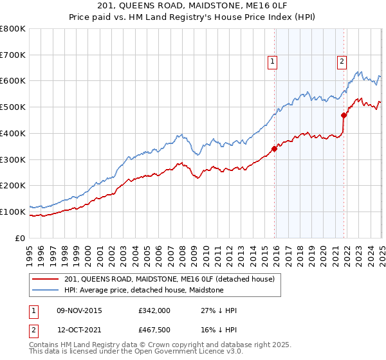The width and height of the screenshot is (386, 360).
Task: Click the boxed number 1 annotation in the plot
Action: tap(272, 62)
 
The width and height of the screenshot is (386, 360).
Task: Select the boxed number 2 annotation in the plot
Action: tap(342, 62)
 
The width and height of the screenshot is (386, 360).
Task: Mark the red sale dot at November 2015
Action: tap(275, 148)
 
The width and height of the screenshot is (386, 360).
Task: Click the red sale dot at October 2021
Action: tap(344, 116)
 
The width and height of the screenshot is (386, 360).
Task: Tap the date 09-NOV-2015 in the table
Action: tap(79, 310)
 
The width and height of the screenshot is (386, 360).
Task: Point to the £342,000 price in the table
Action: tap(154, 310)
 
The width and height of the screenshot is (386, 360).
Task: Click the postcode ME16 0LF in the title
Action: tap(252, 6)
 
